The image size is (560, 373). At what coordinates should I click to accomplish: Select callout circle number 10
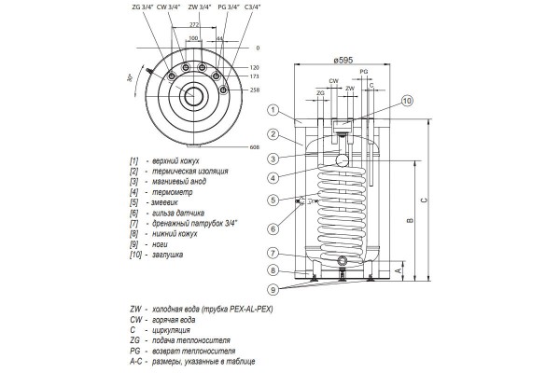tap(407, 100)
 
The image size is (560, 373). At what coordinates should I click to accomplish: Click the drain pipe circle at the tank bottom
tap(343, 260)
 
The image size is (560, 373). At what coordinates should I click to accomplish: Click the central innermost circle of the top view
tap(194, 95)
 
